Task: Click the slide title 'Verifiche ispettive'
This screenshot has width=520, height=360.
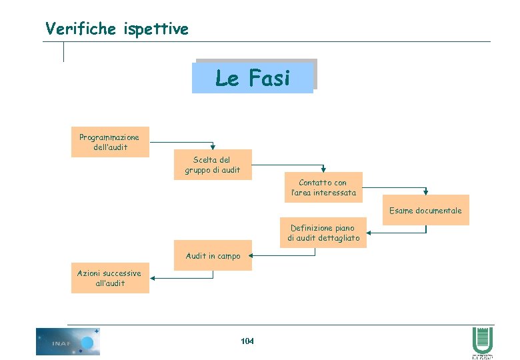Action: pyautogui.click(x=117, y=29)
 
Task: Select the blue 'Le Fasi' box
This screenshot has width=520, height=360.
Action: pyautogui.click(x=253, y=79)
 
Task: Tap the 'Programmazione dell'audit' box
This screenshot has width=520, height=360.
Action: pyautogui.click(x=110, y=142)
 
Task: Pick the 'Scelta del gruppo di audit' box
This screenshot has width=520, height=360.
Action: pyautogui.click(x=213, y=165)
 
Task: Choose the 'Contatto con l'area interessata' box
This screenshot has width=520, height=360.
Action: pyautogui.click(x=323, y=187)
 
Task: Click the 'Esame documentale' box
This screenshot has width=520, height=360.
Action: pyautogui.click(x=425, y=210)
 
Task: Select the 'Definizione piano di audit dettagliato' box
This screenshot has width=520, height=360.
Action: pyautogui.click(x=323, y=233)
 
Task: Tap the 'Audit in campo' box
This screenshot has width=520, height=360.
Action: pyautogui.click(x=213, y=255)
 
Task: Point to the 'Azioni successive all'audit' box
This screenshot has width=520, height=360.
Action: pyautogui.click(x=110, y=278)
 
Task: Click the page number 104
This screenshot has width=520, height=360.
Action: pyautogui.click(x=247, y=341)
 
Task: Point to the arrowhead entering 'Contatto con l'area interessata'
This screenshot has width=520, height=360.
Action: pyautogui.click(x=323, y=169)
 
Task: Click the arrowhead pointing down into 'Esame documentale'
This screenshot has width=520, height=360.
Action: pyautogui.click(x=425, y=192)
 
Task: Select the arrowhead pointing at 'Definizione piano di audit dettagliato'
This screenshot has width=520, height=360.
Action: pyautogui.click(x=370, y=233)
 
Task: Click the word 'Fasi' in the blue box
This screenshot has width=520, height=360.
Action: pyautogui.click(x=269, y=79)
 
